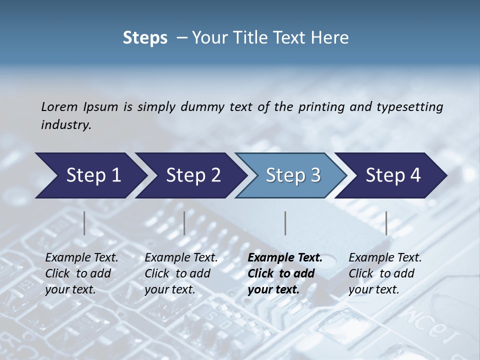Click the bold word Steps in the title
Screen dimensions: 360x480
(x=145, y=38)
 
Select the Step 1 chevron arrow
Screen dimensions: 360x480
(x=90, y=175)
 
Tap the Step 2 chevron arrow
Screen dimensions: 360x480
(x=190, y=175)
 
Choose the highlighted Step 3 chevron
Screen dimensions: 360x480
(x=291, y=175)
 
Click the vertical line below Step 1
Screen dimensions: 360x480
(x=84, y=223)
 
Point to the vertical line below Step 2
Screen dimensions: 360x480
(x=184, y=223)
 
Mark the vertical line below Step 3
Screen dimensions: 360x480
(x=285, y=223)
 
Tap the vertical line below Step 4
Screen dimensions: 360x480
(x=386, y=223)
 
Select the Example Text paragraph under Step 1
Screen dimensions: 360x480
(x=81, y=273)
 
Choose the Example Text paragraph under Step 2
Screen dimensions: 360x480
(x=181, y=273)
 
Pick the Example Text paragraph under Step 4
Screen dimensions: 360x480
(x=385, y=273)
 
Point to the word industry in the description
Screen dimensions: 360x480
(x=66, y=125)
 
